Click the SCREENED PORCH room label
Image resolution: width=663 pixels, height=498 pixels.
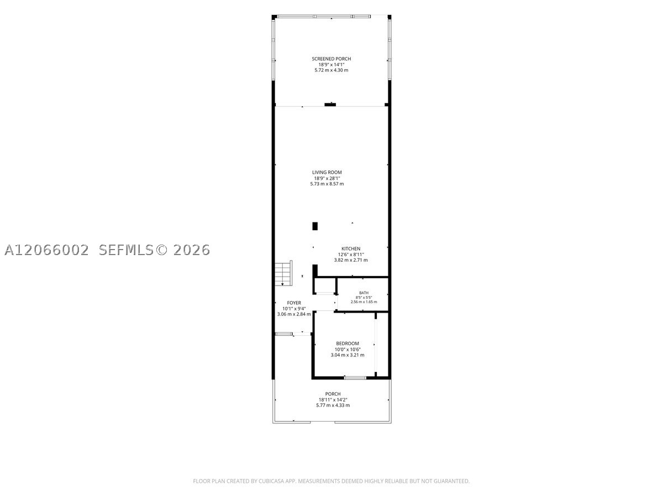pos(331,59)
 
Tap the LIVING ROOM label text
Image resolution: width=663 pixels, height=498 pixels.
pos(327,172)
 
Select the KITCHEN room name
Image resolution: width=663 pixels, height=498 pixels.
pos(351,248)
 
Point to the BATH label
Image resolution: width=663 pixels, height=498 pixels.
pos(364,293)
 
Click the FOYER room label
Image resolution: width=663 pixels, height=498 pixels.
pos(294,303)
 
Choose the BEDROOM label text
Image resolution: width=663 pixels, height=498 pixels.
pos(348,344)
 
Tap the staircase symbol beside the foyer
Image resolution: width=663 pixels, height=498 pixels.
pos(283,273)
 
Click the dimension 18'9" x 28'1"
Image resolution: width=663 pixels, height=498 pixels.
pos(327,178)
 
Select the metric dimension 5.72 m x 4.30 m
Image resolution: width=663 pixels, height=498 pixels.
pos(331,70)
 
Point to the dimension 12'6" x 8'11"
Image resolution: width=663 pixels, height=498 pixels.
pos(351,255)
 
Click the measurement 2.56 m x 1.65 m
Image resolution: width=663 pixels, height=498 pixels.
pos(364,302)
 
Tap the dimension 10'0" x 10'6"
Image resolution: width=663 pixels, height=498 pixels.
pos(348,349)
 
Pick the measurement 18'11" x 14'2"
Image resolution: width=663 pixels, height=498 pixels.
pos(333,400)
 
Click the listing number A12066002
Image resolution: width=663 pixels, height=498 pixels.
pos(46,250)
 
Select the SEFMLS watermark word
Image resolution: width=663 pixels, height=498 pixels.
pos(126,250)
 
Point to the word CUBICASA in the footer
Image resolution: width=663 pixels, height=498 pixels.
pos(271,481)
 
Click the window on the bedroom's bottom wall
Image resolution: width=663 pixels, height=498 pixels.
pos(355,378)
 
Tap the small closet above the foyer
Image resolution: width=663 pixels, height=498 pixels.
pos(325,285)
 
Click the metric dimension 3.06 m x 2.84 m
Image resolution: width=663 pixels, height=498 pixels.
pos(294,314)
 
